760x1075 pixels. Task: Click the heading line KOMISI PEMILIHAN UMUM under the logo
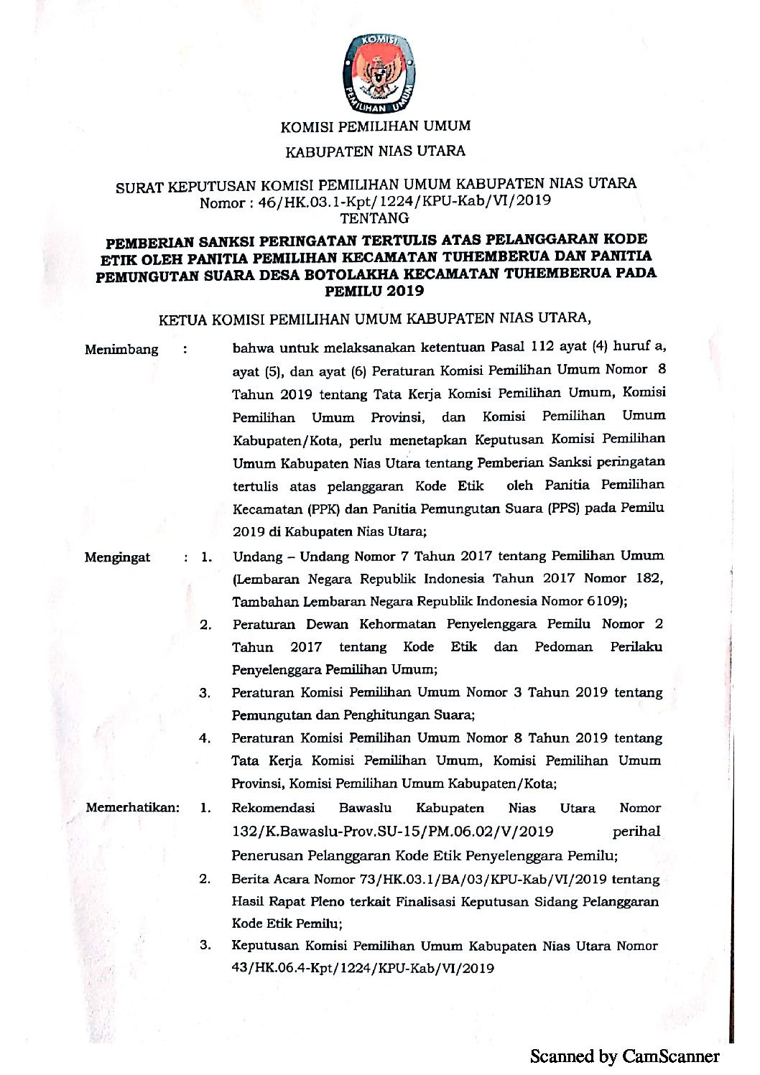pos(375,126)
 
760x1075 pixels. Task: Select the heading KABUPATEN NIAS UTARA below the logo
pos(375,152)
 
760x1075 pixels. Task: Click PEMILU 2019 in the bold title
pos(374,292)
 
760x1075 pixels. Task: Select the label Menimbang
pos(121,350)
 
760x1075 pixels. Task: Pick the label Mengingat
pos(118,557)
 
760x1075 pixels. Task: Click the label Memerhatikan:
pos(132,808)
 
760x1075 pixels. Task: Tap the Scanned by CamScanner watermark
pos(624,1056)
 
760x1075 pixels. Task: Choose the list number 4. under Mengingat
pos(205,738)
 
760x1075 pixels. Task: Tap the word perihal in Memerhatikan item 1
pos(636,832)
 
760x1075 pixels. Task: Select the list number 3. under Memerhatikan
pos(205,945)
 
